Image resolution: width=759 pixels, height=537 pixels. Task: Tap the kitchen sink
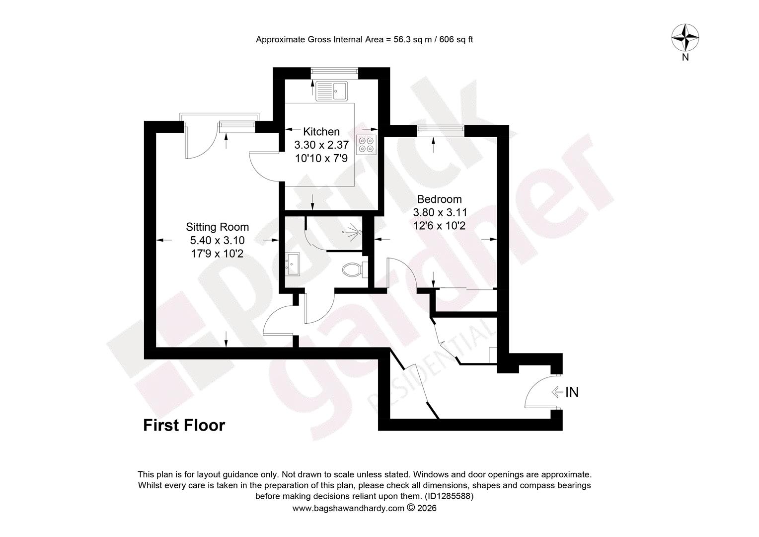pyautogui.click(x=331, y=91)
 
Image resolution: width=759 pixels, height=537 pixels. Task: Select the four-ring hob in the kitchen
pyautogui.click(x=366, y=145)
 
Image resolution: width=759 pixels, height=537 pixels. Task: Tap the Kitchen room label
pyautogui.click(x=321, y=132)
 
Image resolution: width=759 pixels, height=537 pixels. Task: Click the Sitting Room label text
pyautogui.click(x=217, y=227)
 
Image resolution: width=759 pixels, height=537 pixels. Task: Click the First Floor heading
pyautogui.click(x=184, y=426)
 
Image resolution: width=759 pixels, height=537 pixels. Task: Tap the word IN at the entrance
pyautogui.click(x=572, y=392)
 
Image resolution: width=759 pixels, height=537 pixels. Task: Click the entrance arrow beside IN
pyautogui.click(x=557, y=392)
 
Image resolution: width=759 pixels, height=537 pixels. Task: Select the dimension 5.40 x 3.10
pyautogui.click(x=217, y=241)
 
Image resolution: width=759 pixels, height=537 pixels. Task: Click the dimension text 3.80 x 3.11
pyautogui.click(x=440, y=213)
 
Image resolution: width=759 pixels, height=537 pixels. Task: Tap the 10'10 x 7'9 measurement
pyautogui.click(x=321, y=159)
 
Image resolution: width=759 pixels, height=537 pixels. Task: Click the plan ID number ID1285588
pyautogui.click(x=449, y=496)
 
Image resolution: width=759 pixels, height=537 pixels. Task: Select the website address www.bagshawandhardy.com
pyautogui.click(x=348, y=508)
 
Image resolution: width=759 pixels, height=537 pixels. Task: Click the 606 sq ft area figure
pyautogui.click(x=456, y=40)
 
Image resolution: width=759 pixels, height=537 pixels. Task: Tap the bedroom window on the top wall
pyautogui.click(x=441, y=129)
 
